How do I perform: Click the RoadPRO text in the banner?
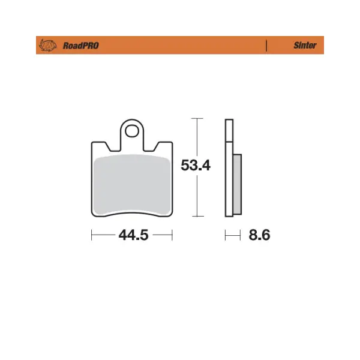click(81, 46)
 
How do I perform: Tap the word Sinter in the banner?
click(305, 45)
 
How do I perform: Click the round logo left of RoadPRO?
click(48, 45)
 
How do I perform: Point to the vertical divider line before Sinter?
click(266, 46)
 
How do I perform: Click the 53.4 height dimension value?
click(196, 166)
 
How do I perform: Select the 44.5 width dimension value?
click(133, 235)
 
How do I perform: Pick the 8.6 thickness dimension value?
click(259, 235)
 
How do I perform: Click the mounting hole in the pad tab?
click(132, 131)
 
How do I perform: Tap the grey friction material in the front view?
click(132, 185)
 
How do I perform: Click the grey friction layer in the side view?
click(238, 184)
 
